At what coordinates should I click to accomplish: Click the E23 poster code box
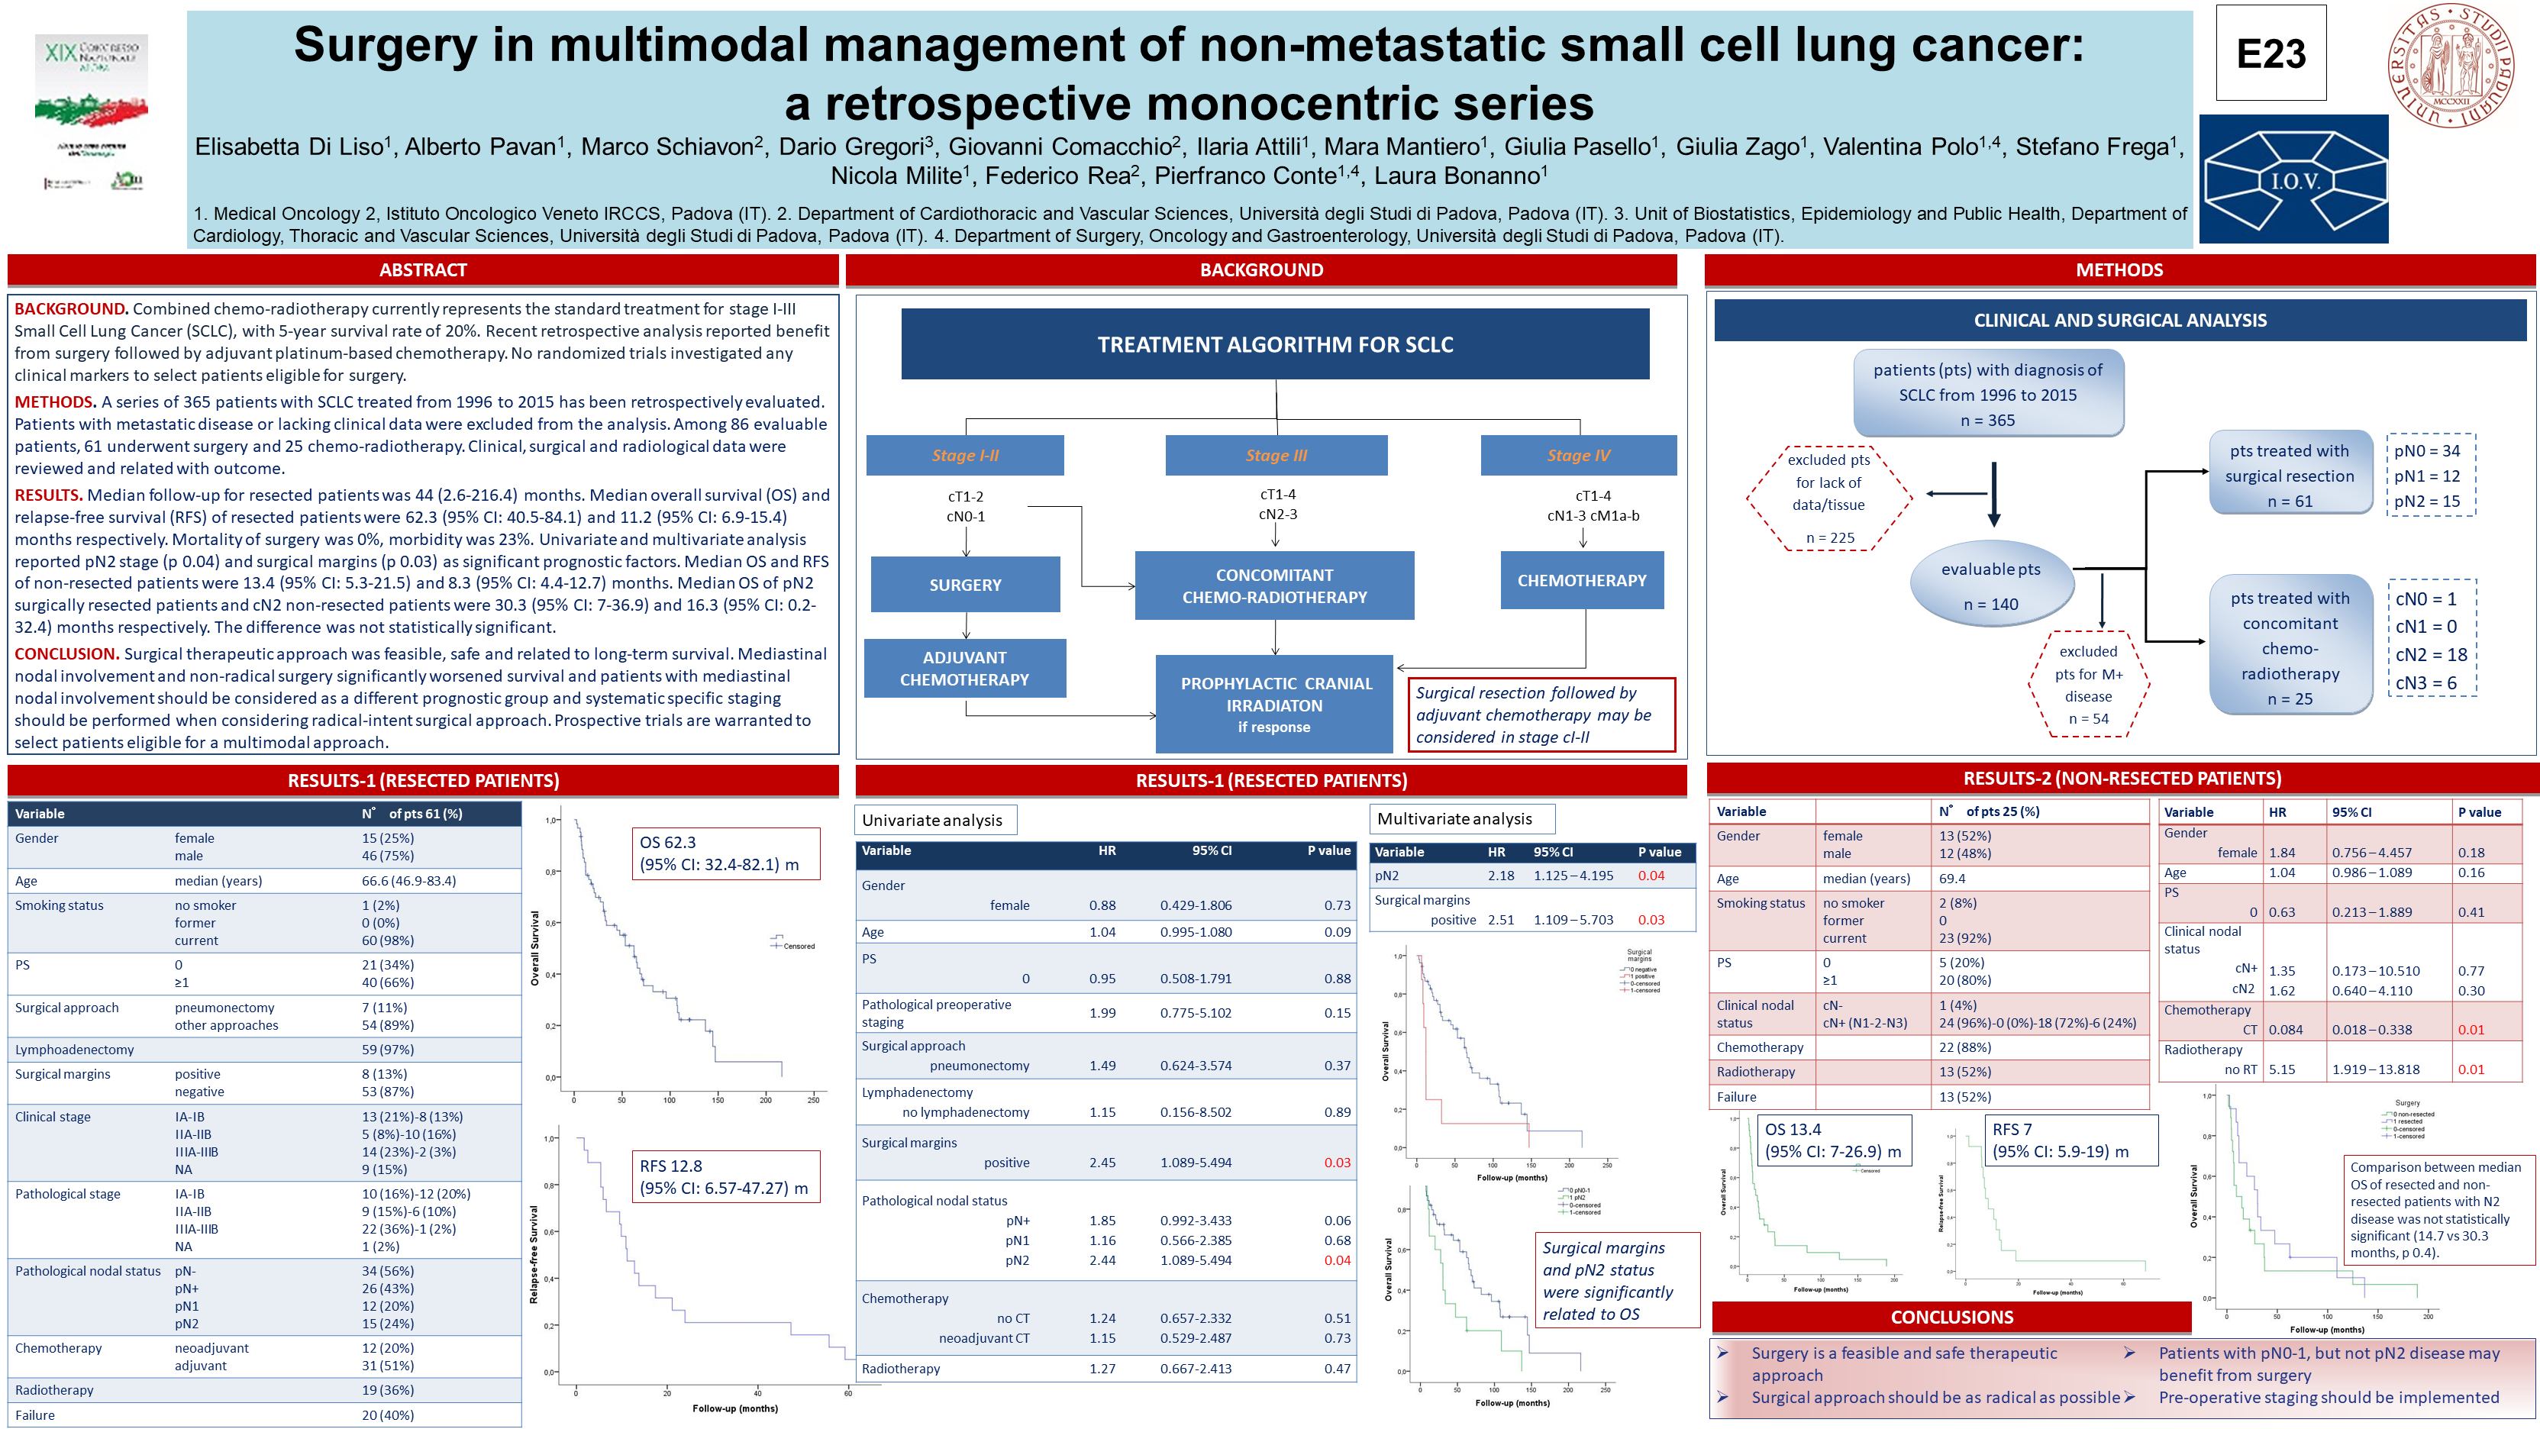click(2270, 53)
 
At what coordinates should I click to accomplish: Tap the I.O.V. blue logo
click(2293, 179)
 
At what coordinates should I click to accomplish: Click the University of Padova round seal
click(2450, 65)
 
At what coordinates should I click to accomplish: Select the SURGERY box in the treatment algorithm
click(964, 585)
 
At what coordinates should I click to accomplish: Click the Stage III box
click(1276, 456)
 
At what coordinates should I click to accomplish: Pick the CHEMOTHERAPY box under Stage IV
click(1582, 581)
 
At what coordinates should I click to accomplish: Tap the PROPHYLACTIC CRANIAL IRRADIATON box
click(1275, 704)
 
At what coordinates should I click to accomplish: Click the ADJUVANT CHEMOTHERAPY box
click(964, 669)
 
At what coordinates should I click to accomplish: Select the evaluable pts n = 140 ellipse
click(1992, 585)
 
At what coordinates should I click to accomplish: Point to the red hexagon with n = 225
click(1829, 498)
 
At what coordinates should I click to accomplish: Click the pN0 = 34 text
click(2426, 450)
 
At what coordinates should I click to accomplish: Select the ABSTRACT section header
click(423, 270)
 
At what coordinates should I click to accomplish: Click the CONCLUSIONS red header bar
click(1951, 1318)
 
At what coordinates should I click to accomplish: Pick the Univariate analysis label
click(932, 821)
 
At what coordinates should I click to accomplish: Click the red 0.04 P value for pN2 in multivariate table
click(1651, 876)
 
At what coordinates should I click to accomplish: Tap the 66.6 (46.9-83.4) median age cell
click(408, 881)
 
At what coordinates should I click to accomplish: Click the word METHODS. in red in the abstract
click(55, 402)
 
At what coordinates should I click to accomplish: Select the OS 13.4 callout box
click(1833, 1140)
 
